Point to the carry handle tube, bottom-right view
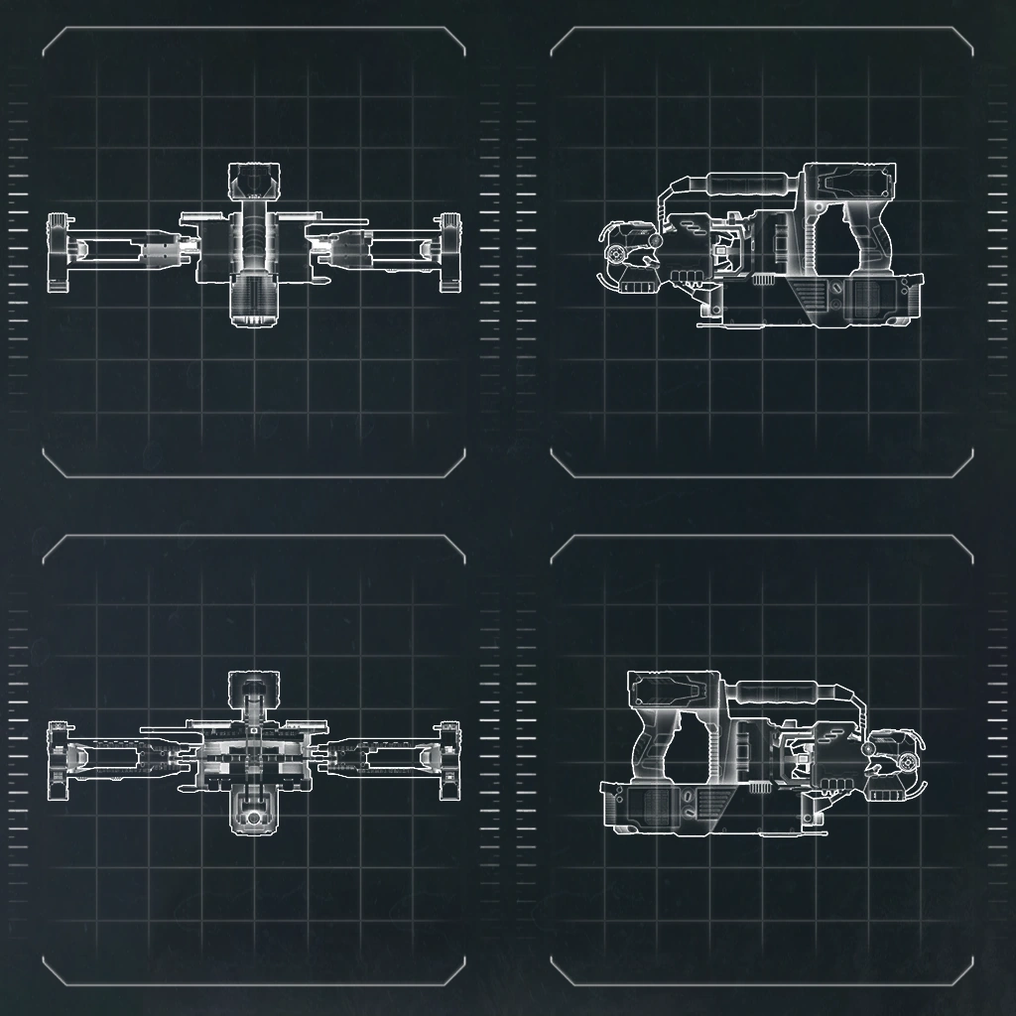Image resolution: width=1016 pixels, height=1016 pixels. click(776, 691)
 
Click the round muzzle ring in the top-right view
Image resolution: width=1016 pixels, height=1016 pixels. click(618, 255)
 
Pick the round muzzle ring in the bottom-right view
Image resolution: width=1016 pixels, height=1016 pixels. click(906, 762)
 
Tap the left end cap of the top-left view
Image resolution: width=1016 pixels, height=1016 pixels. click(59, 253)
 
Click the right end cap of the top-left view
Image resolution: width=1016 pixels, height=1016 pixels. click(451, 252)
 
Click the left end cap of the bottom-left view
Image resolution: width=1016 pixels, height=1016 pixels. click(58, 759)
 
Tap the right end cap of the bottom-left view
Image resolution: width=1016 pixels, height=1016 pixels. click(450, 759)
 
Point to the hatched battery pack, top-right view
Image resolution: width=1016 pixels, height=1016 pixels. click(873, 298)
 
